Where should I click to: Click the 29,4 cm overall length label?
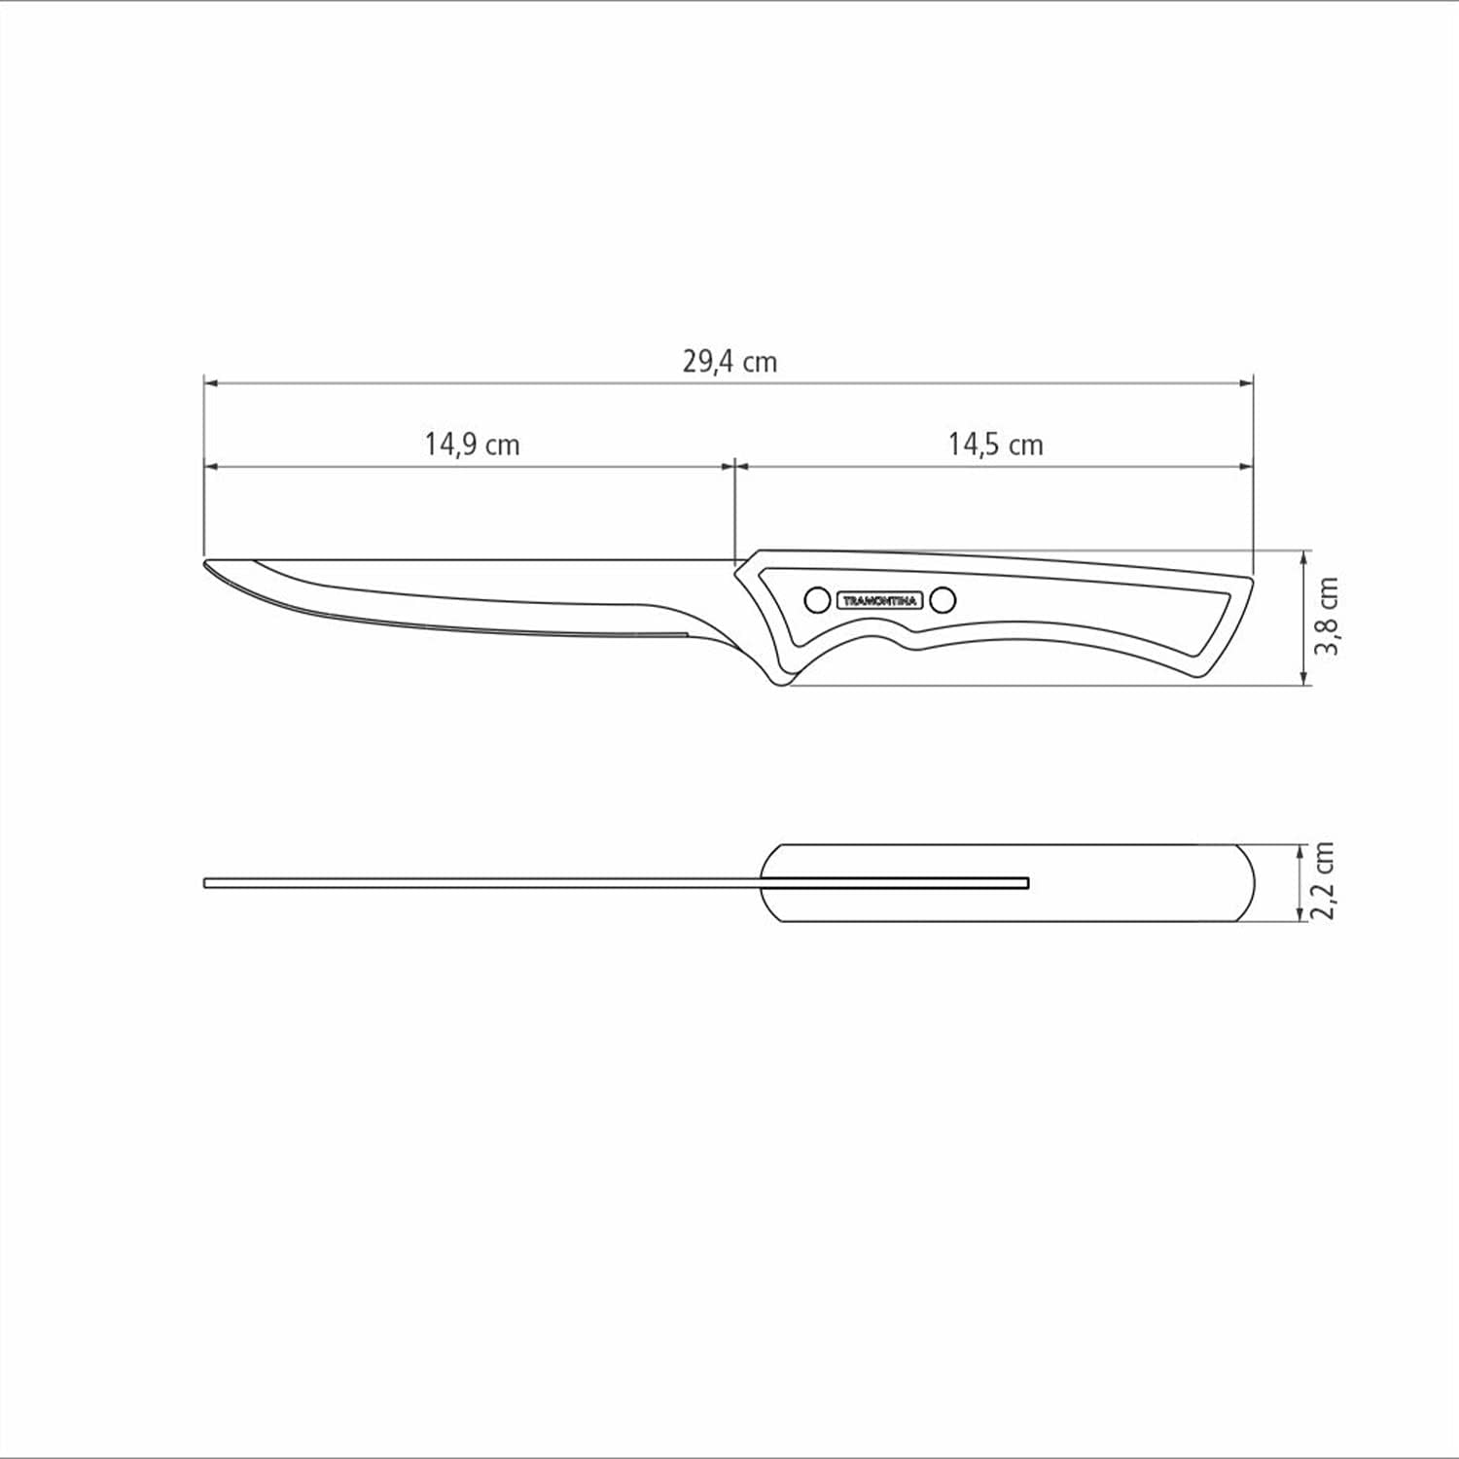[x=729, y=362]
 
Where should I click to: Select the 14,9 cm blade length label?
[x=472, y=445]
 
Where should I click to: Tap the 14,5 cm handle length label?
[x=995, y=445]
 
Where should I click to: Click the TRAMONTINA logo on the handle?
[x=878, y=601]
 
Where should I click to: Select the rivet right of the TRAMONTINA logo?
[x=942, y=600]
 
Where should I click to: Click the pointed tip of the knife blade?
[x=206, y=563]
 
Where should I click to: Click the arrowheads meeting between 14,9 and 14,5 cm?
[x=733, y=467]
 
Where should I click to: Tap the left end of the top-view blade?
[x=207, y=883]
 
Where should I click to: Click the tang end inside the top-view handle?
[x=1026, y=883]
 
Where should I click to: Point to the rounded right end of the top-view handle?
[x=1252, y=882]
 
